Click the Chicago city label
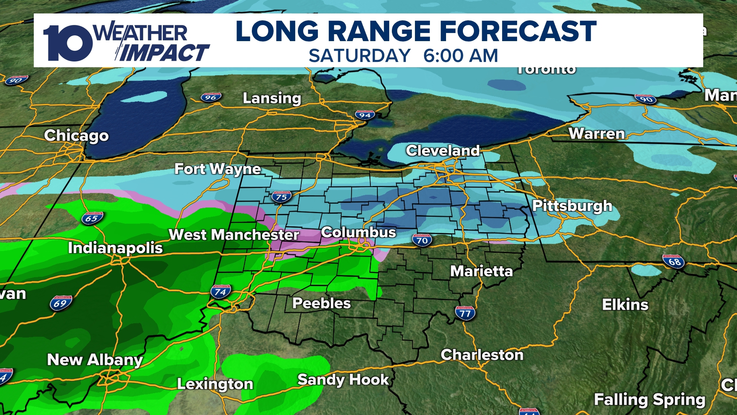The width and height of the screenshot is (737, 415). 76,136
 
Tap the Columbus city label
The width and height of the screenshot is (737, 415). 359,232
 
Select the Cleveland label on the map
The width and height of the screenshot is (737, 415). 443,151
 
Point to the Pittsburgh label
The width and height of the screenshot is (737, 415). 572,206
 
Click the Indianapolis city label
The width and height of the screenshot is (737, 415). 115,248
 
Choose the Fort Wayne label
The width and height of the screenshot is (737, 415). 218,169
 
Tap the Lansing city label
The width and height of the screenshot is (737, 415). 272,98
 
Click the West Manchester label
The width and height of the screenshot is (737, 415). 234,235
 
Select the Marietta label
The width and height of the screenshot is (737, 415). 481,271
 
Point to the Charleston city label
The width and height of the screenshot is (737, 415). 482,355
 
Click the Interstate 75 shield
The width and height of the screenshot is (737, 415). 281,197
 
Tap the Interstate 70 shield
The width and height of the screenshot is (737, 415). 422,241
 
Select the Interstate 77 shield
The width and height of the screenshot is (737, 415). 465,313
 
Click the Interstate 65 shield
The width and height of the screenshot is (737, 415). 92,219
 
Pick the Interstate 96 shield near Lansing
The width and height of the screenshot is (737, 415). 211,98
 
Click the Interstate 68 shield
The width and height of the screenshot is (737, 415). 674,262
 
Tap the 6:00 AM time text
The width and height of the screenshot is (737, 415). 461,56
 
